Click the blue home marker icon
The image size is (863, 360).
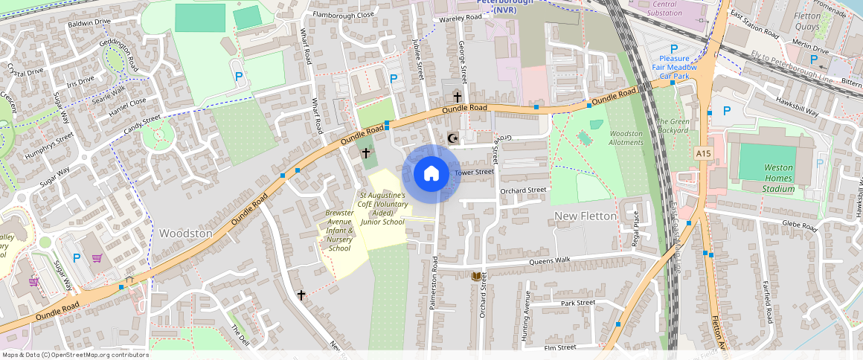click(431, 174)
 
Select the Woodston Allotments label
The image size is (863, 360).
click(626, 138)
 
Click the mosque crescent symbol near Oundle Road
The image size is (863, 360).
click(452, 138)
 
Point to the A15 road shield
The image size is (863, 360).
click(704, 152)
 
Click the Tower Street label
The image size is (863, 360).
click(474, 173)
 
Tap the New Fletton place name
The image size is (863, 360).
click(586, 216)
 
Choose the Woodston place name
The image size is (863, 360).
click(185, 234)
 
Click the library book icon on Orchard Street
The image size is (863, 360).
click(475, 276)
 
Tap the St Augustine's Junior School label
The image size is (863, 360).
click(382, 208)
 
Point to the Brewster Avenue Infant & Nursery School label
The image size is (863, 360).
click(339, 231)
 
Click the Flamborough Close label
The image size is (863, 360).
click(343, 14)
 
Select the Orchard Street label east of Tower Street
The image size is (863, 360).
click(523, 190)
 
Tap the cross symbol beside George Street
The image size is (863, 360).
click(457, 97)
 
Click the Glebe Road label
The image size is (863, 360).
click(799, 224)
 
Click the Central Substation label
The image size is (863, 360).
click(664, 8)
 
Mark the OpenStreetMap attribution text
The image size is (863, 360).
click(74, 355)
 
